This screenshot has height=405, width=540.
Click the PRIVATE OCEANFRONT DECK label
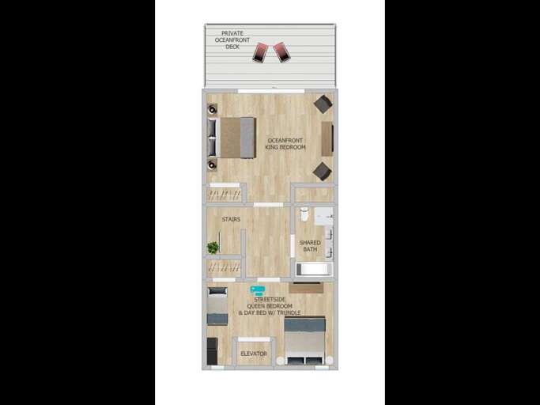(x=232, y=40)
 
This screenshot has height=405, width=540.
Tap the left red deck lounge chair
(x=260, y=52)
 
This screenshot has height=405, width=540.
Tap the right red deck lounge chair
(x=281, y=51)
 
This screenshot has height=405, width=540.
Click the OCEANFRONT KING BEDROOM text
(x=285, y=143)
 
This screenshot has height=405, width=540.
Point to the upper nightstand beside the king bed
(x=212, y=109)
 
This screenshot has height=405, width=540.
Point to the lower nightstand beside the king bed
(x=212, y=165)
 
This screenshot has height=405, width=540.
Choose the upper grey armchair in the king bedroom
(x=322, y=104)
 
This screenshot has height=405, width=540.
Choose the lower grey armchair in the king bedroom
(x=322, y=170)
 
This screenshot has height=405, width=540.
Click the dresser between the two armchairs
(x=327, y=138)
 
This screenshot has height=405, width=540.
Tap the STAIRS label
(x=231, y=219)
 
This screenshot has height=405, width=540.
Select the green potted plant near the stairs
(x=213, y=248)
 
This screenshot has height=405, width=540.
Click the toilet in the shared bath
(x=305, y=214)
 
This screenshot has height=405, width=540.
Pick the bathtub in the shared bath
(x=314, y=269)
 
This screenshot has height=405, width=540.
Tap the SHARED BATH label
(x=309, y=246)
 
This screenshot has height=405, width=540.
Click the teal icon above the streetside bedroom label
(x=258, y=291)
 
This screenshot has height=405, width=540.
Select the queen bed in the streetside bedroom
(x=304, y=340)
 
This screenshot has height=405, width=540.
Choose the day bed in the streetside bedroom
(x=217, y=306)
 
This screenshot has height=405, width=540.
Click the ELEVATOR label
(x=254, y=354)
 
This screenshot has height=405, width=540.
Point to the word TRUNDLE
(x=288, y=313)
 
